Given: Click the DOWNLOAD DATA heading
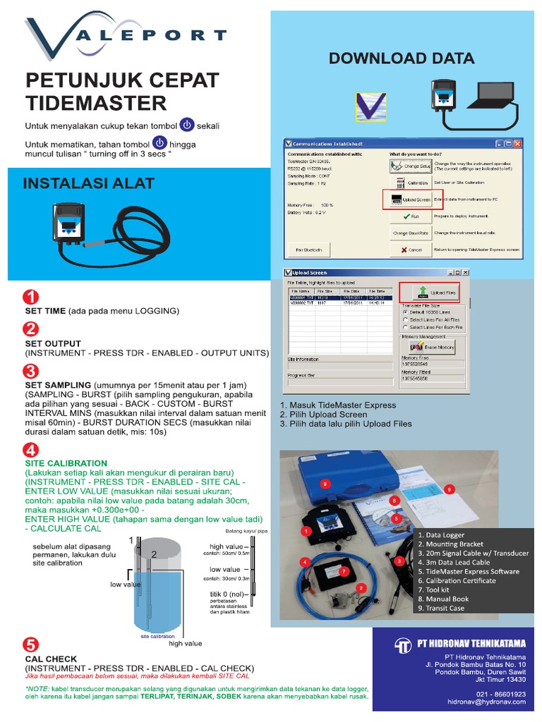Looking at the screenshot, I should [x=402, y=58].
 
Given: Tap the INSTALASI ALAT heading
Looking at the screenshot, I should [x=89, y=184].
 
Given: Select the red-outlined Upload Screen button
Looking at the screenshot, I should [x=412, y=200].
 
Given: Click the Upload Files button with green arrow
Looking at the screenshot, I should [x=430, y=292].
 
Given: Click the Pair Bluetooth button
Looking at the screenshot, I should [x=308, y=250].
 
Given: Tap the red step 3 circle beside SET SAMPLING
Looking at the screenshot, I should [x=31, y=371].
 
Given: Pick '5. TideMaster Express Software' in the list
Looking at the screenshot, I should [x=469, y=571].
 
